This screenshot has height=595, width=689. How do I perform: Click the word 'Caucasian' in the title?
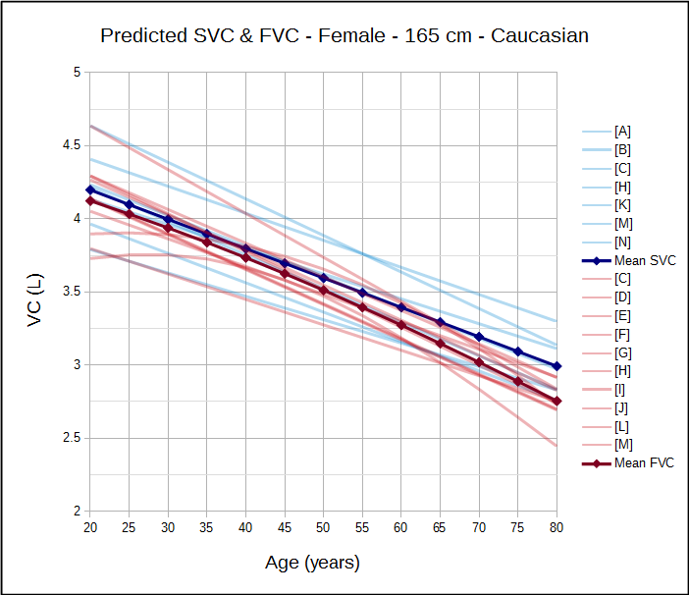point(540,36)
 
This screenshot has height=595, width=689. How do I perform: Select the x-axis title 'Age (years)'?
point(312,564)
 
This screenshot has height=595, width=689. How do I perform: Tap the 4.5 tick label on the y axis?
point(71,145)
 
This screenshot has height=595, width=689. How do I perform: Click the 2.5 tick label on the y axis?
point(71,438)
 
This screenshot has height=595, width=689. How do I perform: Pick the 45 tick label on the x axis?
point(285,527)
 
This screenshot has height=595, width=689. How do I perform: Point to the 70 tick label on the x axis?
point(479,527)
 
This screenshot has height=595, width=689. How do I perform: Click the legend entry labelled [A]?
point(622,132)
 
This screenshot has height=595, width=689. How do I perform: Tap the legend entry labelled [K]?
point(622,205)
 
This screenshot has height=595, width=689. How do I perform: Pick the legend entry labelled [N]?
point(622,243)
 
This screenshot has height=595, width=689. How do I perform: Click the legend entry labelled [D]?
point(622,297)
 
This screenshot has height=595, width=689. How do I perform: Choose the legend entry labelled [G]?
point(622,352)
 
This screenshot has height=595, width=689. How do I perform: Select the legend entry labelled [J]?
point(622,407)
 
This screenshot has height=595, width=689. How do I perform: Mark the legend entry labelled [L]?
point(622,426)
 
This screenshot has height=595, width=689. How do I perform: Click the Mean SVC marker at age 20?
point(89,189)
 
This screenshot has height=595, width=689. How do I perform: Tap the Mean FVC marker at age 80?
point(557,401)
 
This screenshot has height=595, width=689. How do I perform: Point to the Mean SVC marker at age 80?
point(557,365)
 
